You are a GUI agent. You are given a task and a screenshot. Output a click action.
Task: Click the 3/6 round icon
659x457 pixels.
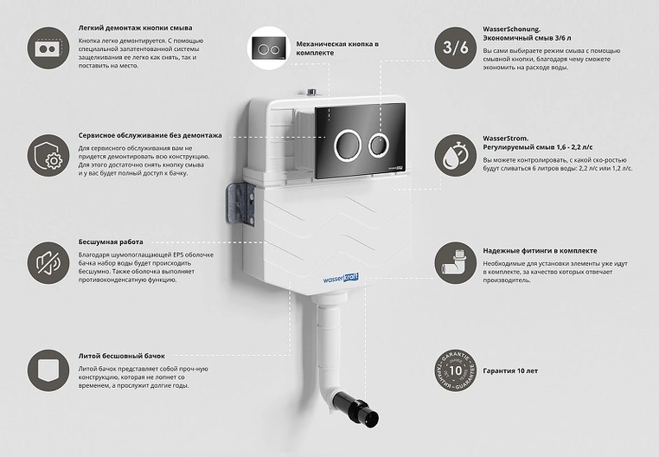[x=456, y=48]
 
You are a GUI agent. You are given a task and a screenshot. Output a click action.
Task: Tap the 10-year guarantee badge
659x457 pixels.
[x=456, y=370]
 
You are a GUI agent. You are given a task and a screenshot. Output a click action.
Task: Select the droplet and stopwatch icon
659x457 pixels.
[x=456, y=155]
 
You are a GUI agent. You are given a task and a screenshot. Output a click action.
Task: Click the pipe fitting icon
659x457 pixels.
[x=456, y=262]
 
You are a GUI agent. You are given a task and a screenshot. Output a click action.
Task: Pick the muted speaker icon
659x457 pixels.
[x=48, y=262]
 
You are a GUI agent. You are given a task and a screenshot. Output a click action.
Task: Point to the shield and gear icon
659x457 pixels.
[x=48, y=155]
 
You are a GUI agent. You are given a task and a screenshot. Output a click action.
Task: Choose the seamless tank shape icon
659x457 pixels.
[x=48, y=370]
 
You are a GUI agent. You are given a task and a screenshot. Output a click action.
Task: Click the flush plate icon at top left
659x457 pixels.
[x=48, y=48]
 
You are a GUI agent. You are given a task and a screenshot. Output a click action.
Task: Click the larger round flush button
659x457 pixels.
[x=347, y=145]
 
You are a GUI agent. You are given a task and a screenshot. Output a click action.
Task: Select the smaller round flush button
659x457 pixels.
[x=379, y=145]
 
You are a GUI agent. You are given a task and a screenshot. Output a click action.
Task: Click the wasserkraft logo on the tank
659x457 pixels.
[x=341, y=279]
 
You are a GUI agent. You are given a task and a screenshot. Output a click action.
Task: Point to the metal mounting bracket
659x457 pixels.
[x=241, y=205]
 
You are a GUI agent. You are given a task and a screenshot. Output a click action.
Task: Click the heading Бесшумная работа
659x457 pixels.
[x=111, y=242]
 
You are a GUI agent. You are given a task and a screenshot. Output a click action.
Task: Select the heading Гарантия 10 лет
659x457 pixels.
[x=510, y=370]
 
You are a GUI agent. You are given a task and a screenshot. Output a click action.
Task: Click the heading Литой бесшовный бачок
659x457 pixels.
[x=121, y=356]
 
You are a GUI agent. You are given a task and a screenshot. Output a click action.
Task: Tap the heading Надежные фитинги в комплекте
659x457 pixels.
[x=540, y=251]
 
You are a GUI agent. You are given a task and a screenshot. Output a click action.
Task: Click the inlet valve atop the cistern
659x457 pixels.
[x=312, y=92]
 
